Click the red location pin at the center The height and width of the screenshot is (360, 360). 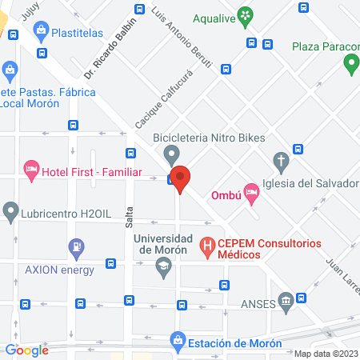click(181, 178)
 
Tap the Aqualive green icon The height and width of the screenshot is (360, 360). click(246, 14)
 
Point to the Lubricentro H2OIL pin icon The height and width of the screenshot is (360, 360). click(11, 212)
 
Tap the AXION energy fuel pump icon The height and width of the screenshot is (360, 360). click(76, 248)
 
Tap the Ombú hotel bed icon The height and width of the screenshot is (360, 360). click(252, 190)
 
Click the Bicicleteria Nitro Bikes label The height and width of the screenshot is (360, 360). click(209, 138)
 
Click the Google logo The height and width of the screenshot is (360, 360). click(27, 350)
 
